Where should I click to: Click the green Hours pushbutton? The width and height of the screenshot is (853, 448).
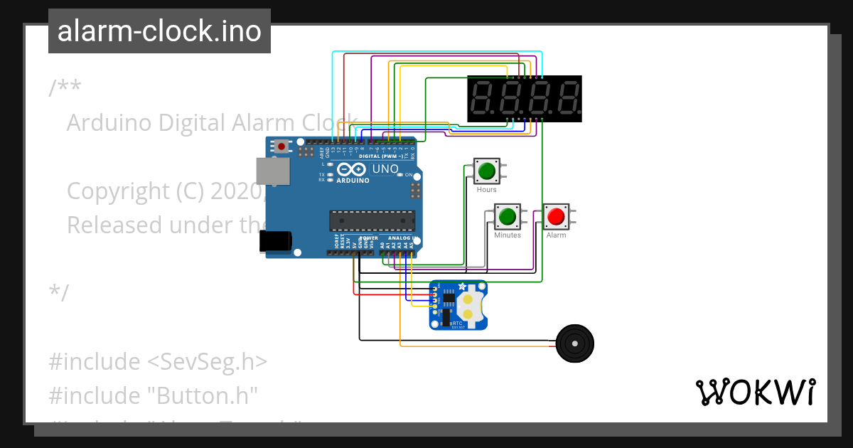point(487,171)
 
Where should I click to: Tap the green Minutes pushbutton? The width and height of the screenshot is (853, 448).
point(508,216)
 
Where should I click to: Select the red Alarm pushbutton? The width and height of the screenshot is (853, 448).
point(556,216)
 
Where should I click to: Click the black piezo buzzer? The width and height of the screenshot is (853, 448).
point(574,344)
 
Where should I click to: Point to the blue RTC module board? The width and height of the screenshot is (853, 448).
point(458,305)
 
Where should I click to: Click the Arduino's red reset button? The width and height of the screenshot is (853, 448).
point(282,147)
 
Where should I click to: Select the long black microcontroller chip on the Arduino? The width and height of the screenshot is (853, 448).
point(371,220)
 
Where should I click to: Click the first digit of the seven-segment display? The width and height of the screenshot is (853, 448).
point(483,99)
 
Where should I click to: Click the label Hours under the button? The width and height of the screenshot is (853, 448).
point(487,190)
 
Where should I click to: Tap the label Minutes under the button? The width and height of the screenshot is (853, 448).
point(508,235)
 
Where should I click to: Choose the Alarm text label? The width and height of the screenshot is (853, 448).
point(556,235)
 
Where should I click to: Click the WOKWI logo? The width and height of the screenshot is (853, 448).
point(755,392)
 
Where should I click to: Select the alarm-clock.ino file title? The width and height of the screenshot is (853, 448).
point(159,31)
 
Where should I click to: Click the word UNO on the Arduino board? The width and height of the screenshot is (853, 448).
point(386,169)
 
